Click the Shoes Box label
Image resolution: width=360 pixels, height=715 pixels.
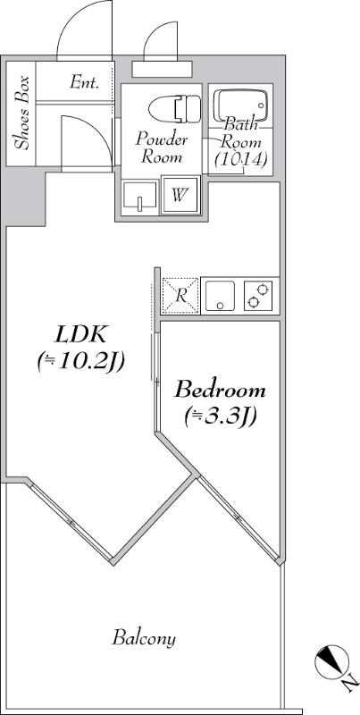click(x=21, y=114)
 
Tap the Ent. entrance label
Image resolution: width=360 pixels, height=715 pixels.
click(x=84, y=82)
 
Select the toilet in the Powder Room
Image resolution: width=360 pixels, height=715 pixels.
click(x=174, y=108)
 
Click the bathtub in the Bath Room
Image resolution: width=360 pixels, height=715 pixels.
click(x=240, y=105)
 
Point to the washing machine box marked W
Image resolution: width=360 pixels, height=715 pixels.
click(x=180, y=195)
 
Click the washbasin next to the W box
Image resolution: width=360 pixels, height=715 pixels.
click(x=140, y=197)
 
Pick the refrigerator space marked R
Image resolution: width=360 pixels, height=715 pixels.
click(x=180, y=296)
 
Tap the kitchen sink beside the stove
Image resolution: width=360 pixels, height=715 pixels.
click(x=220, y=296)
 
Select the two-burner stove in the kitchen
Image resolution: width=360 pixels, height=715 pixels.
click(x=258, y=296)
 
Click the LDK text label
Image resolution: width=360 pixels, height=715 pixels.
click(x=80, y=335)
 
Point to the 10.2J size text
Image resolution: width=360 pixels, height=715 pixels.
click(x=81, y=363)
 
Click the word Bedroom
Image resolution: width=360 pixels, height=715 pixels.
click(x=221, y=391)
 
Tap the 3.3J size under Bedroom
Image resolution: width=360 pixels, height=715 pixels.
click(x=220, y=417)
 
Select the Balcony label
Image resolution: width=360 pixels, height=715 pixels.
click(x=144, y=638)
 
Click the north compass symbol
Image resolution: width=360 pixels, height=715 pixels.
click(x=331, y=661)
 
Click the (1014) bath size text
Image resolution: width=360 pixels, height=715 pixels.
click(x=240, y=159)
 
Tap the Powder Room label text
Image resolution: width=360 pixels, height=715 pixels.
click(x=161, y=147)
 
